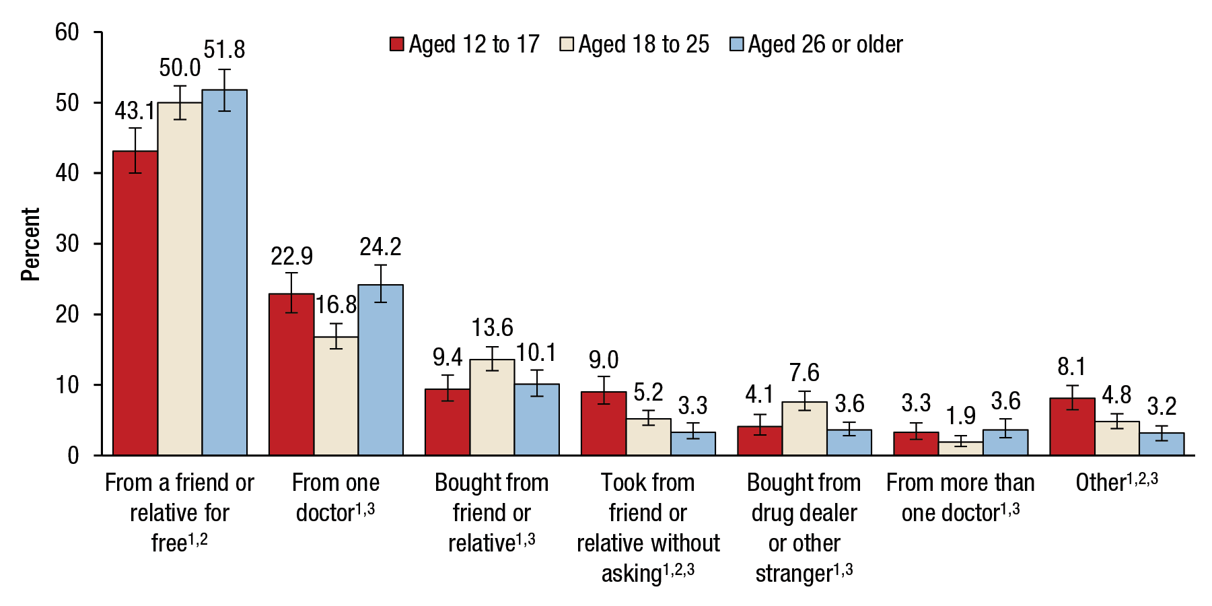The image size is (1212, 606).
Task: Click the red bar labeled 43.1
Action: coord(135,303)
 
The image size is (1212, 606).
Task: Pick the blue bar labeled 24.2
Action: coord(380,370)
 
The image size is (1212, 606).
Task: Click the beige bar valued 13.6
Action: coord(492,407)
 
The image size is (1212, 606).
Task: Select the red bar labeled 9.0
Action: coord(604,424)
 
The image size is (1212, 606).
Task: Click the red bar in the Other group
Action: coord(1072,427)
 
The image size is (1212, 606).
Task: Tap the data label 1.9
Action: coord(960,416)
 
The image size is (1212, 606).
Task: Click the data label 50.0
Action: coord(180,68)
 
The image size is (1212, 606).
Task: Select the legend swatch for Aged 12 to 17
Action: coord(397,44)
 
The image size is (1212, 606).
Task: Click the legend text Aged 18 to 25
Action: coord(643,44)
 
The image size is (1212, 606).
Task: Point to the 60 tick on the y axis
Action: coord(67,32)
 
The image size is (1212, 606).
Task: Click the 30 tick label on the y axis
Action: coord(67,244)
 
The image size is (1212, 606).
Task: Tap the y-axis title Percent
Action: coord(30,244)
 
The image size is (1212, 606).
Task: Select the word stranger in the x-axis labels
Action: coord(794,574)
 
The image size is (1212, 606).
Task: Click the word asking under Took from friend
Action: coord(632,574)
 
